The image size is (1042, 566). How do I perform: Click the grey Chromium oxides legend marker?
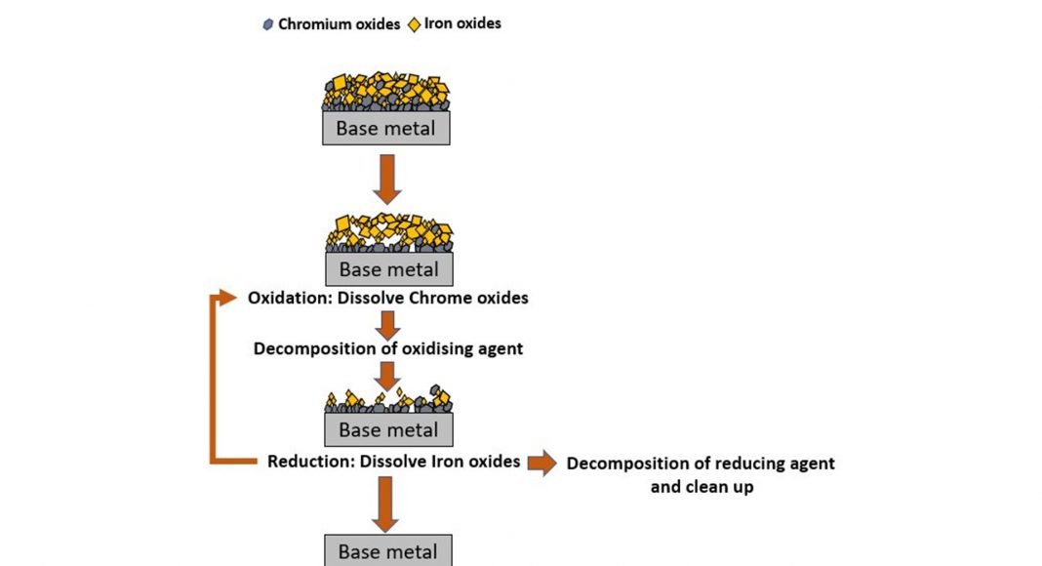pyautogui.click(x=267, y=24)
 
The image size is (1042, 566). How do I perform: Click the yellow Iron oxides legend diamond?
pyautogui.click(x=415, y=23)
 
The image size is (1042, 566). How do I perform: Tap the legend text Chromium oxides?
pyautogui.click(x=339, y=24)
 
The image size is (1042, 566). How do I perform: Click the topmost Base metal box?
pyautogui.click(x=386, y=128)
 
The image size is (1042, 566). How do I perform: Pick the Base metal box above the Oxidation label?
pyautogui.click(x=388, y=268)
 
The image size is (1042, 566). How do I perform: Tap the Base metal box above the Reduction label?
pyautogui.click(x=387, y=429)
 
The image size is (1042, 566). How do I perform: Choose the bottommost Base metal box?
pyautogui.click(x=387, y=551)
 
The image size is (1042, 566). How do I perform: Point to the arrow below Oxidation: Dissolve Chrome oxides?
pyautogui.click(x=388, y=325)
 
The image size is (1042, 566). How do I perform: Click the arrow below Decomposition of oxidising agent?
pyautogui.click(x=388, y=375)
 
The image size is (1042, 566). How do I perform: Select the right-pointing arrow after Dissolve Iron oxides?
pyautogui.click(x=541, y=463)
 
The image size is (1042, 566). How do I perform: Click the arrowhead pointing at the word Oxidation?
pyautogui.click(x=228, y=297)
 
